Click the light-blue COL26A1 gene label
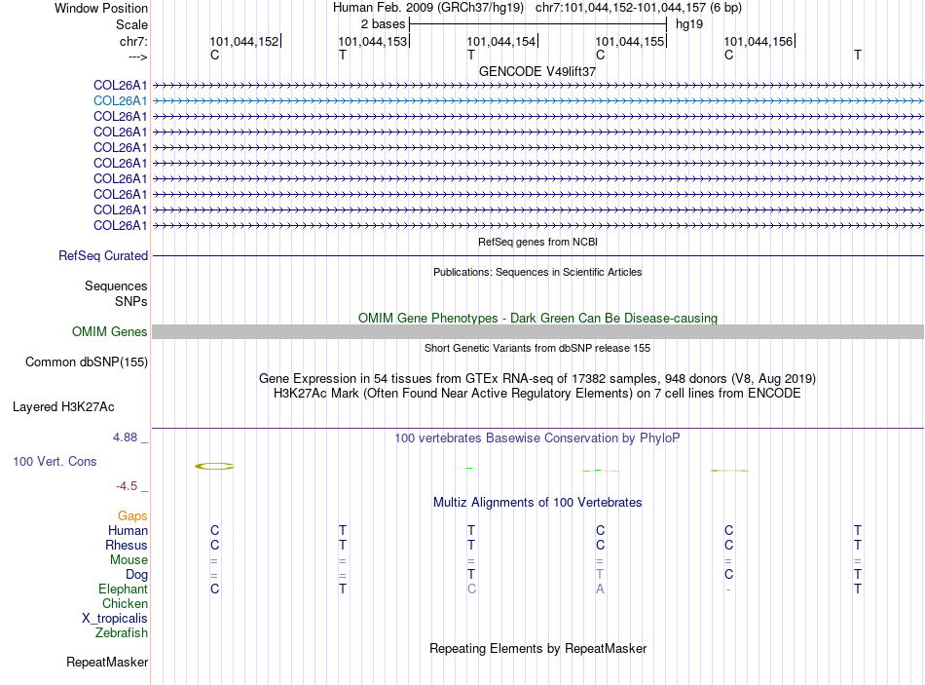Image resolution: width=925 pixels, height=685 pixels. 120,100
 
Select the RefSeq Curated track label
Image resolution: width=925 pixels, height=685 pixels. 103,256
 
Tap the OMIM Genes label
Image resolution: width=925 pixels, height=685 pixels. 109,332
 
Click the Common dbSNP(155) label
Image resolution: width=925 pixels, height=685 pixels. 86,362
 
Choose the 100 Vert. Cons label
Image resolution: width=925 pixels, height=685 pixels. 55,461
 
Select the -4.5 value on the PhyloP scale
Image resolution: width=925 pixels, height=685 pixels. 127,486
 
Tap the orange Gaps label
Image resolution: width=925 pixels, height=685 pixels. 132,515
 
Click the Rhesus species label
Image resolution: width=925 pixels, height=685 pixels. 128,545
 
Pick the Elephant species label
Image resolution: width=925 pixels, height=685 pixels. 123,589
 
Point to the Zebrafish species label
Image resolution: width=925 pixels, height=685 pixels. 122,632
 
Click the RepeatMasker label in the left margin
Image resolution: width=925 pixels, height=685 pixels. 107,663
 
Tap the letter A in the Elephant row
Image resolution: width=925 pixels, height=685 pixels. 600,589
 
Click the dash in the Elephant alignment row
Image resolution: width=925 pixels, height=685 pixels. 728,590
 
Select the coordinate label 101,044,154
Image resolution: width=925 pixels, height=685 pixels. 501,42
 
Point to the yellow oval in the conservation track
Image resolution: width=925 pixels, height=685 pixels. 214,467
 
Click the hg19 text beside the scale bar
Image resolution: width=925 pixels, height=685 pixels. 689,22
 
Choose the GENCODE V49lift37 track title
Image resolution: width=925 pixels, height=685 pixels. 537,71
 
